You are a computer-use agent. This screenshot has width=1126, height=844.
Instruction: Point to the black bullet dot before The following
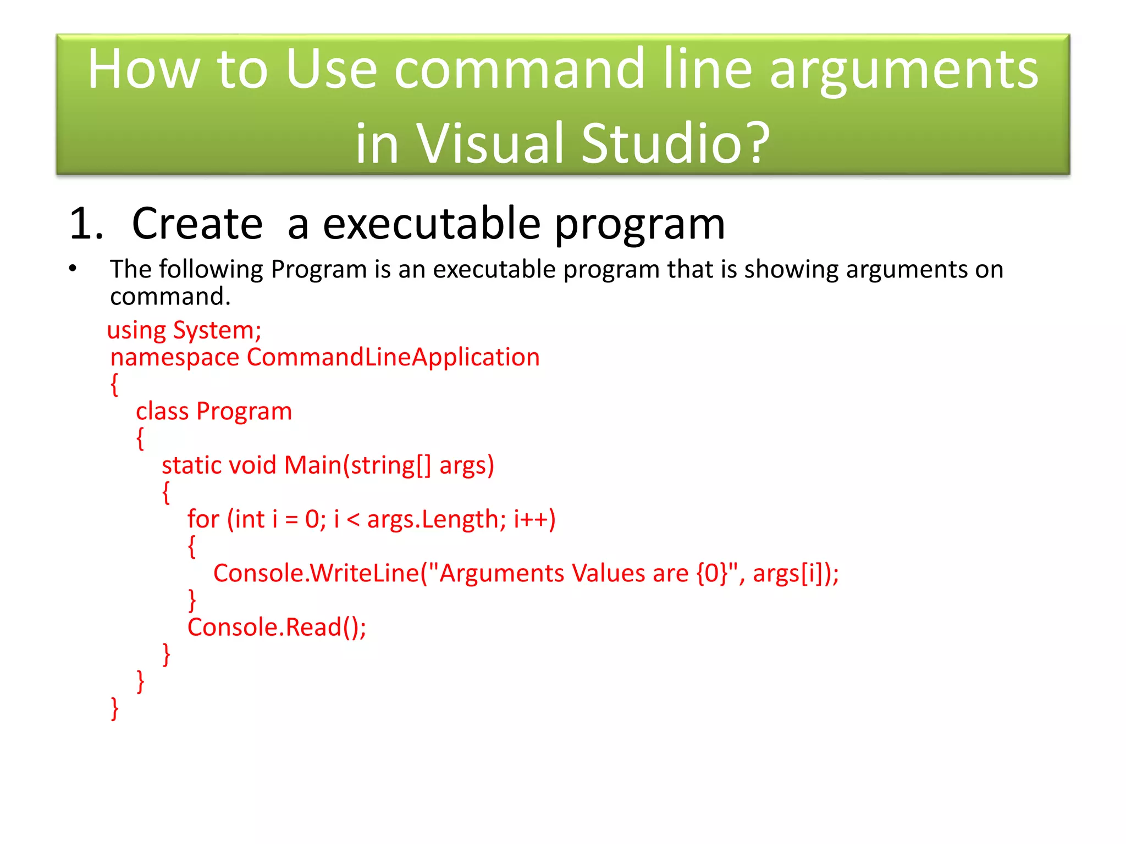tap(73, 269)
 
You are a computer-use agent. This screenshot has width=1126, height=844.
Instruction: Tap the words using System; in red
tap(184, 330)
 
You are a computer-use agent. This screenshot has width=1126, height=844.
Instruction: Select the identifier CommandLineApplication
tap(393, 357)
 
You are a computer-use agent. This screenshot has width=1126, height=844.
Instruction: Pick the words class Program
tap(214, 412)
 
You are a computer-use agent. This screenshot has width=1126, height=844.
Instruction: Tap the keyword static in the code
tap(191, 465)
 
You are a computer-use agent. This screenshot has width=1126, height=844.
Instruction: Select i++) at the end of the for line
tap(534, 519)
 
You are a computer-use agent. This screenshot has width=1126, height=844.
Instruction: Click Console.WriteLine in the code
tap(316, 573)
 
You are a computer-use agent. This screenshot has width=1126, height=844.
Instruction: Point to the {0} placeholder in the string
tap(712, 573)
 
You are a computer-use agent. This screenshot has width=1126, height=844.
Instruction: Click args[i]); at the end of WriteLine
tap(796, 573)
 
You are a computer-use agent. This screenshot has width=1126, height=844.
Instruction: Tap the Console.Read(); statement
tap(277, 628)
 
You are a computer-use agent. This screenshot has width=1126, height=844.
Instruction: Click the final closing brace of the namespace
tap(114, 708)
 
